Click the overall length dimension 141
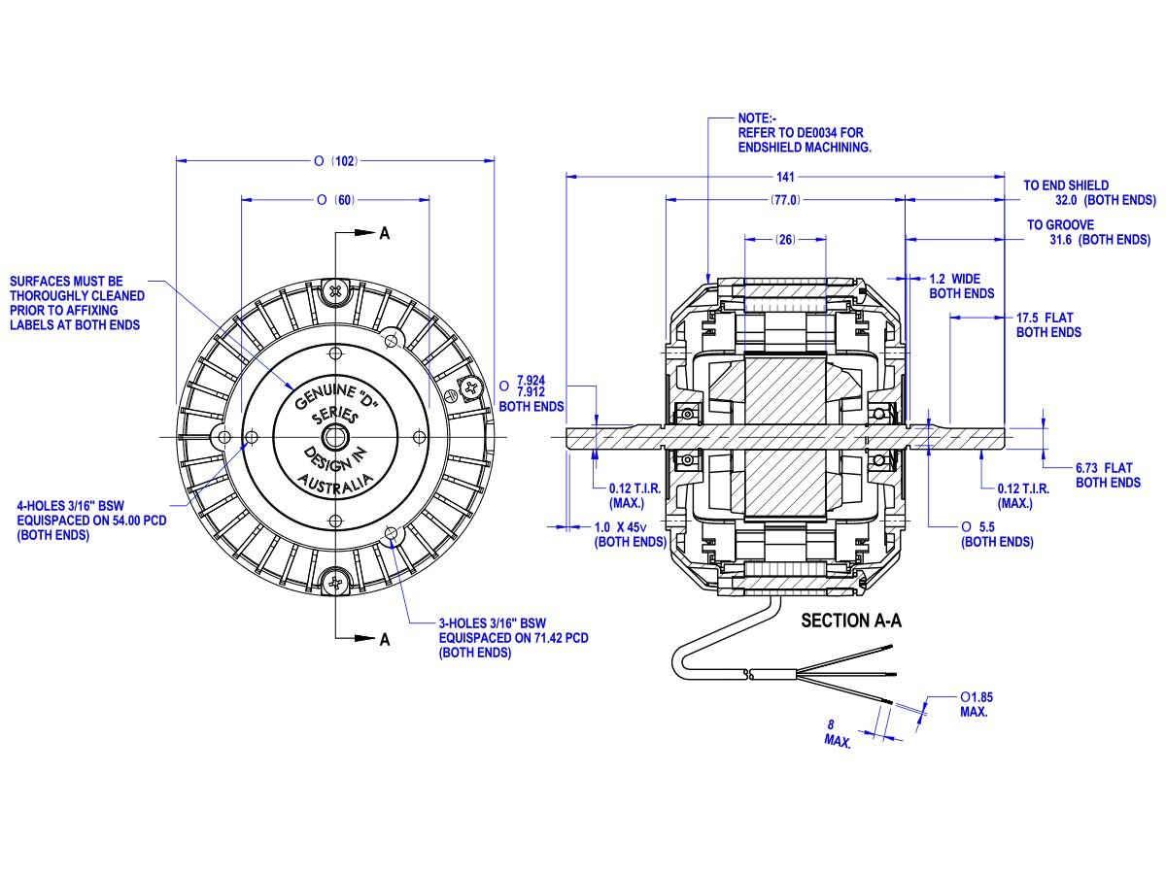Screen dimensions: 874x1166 pos(785,177)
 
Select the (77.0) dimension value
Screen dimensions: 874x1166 pos(785,200)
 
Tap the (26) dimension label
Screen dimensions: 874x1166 pos(785,239)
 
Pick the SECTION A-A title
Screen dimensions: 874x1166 pos(850,622)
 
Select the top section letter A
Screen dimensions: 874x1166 pos(385,233)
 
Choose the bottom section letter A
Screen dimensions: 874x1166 pos(385,639)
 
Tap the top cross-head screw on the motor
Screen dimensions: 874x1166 pos(335,289)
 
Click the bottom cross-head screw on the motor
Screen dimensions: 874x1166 pos(335,584)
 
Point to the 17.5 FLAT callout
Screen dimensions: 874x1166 pos(1048,324)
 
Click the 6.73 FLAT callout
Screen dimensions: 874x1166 pos(1108,475)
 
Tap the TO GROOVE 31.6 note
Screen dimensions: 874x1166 pos(1088,232)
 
